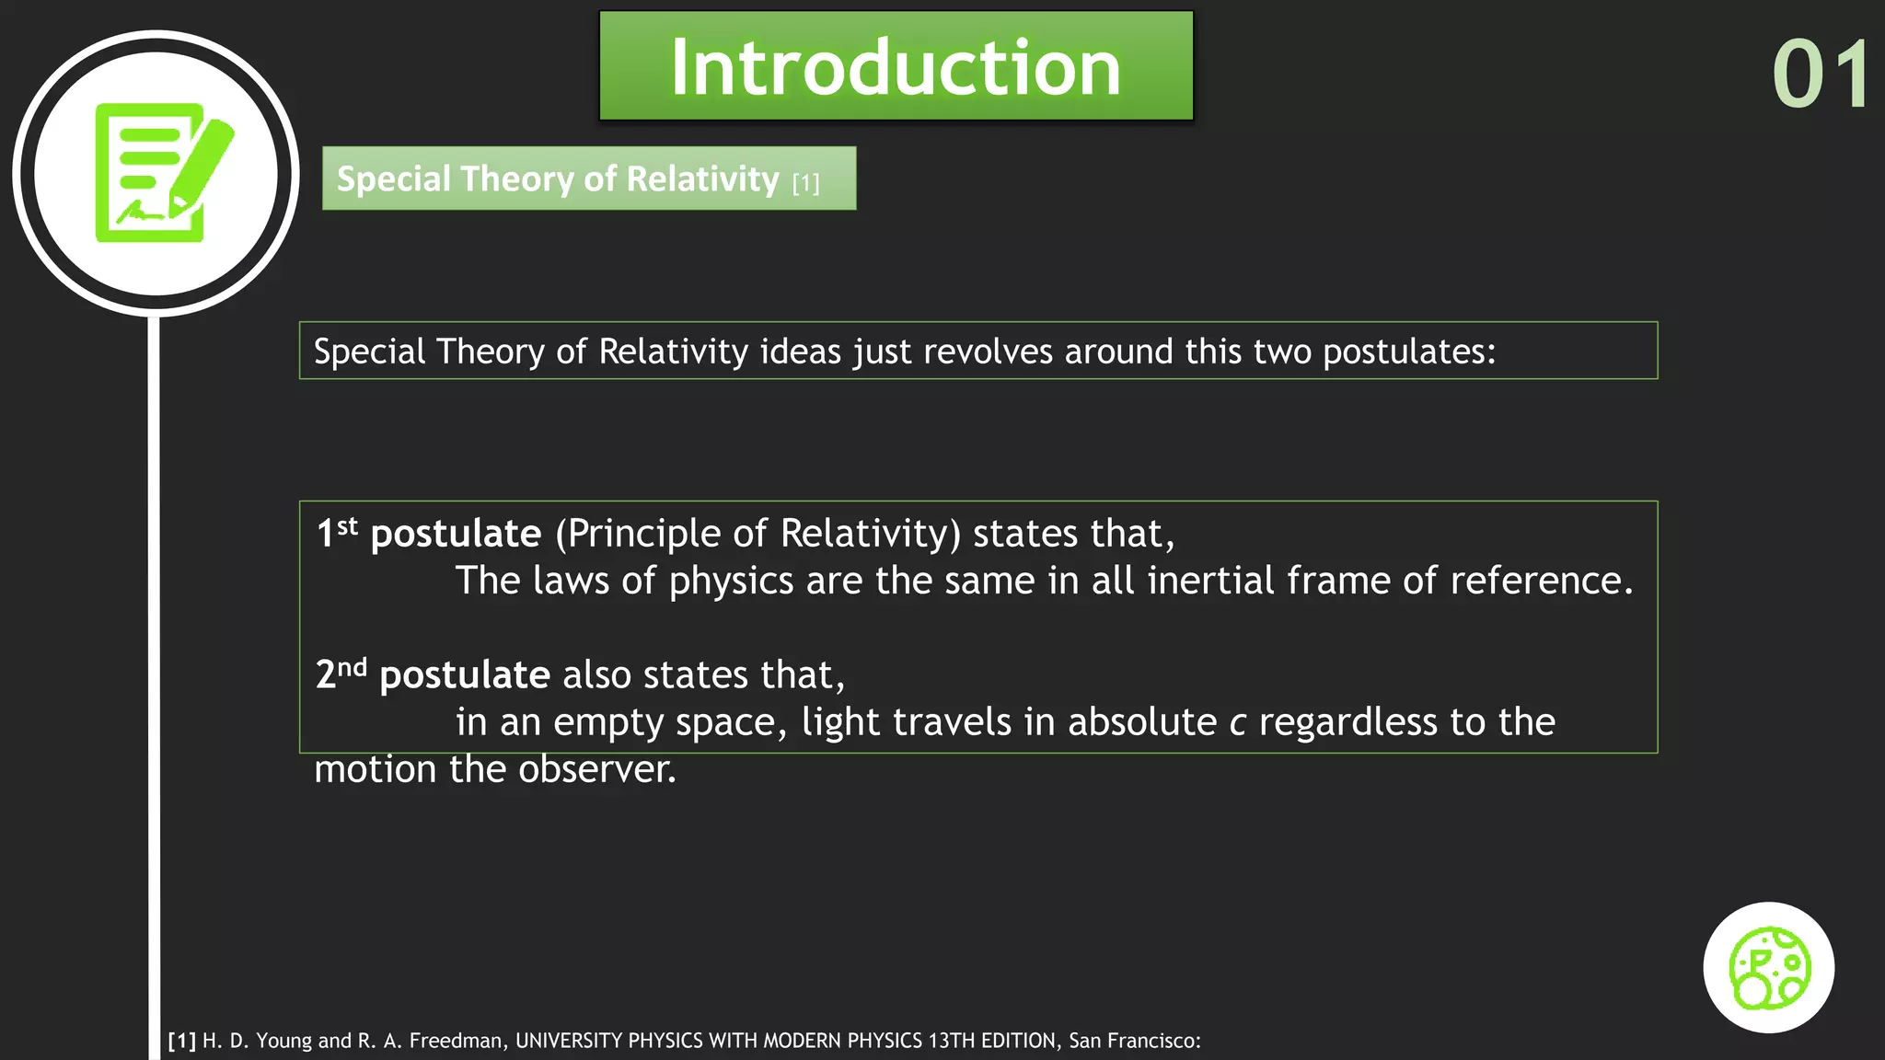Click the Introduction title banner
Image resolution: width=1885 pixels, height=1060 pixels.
tap(896, 66)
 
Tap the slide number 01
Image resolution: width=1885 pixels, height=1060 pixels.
tap(1821, 75)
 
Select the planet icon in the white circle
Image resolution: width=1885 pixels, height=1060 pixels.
tap(1768, 967)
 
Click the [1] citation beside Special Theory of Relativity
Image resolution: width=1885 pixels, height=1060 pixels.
tap(805, 183)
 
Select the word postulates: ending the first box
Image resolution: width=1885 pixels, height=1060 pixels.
tap(1409, 351)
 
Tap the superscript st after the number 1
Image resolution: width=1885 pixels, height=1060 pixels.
tap(347, 526)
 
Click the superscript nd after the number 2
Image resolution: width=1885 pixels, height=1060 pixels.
tap(352, 667)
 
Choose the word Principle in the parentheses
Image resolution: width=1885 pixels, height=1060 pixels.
tap(644, 534)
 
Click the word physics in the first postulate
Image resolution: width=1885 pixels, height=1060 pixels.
tap(731, 582)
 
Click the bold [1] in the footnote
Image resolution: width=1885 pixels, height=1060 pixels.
tap(181, 1041)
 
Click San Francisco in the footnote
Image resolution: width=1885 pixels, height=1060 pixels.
tap(1133, 1041)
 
